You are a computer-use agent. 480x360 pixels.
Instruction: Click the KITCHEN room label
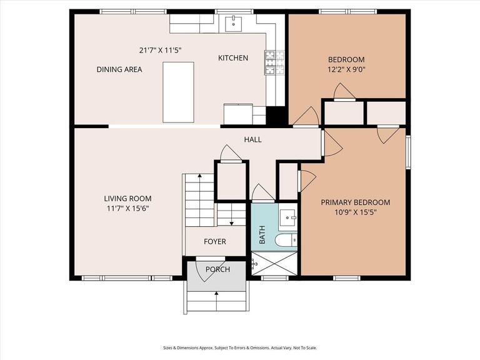(233, 58)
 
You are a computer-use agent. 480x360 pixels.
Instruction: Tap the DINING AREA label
(119, 69)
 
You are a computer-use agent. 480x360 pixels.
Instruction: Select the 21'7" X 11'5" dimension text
(161, 50)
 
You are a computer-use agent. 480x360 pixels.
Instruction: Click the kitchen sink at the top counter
(234, 24)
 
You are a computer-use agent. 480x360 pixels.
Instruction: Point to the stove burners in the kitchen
(274, 62)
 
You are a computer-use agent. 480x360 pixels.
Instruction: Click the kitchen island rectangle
(179, 92)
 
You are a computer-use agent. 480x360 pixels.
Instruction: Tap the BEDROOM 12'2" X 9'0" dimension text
(346, 69)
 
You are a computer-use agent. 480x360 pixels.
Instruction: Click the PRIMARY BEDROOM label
(356, 202)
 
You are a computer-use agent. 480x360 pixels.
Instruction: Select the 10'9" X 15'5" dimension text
(356, 212)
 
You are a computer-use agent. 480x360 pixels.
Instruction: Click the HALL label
(253, 139)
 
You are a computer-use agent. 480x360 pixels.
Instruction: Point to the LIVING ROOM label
(127, 199)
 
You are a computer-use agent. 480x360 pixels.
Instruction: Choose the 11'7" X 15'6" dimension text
(127, 209)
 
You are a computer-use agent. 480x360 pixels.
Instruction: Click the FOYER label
(215, 241)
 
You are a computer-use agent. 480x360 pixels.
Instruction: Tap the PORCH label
(217, 269)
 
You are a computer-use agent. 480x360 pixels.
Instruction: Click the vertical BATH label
(262, 235)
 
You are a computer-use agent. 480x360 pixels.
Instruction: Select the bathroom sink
(287, 217)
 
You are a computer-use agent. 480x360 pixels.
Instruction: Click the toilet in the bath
(286, 240)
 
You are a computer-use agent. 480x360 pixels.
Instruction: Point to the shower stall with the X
(274, 263)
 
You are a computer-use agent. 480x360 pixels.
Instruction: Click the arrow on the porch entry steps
(217, 301)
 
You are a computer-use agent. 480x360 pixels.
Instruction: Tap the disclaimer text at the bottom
(240, 347)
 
